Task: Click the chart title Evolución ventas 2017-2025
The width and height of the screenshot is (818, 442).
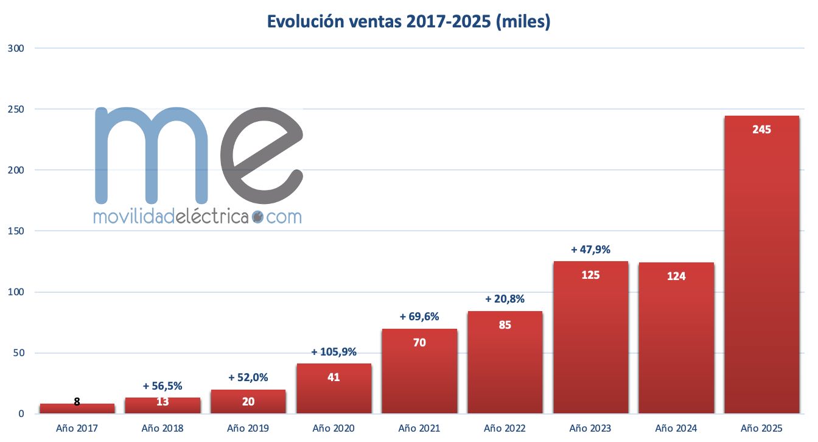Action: click(x=408, y=21)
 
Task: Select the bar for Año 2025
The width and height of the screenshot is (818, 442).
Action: click(x=761, y=268)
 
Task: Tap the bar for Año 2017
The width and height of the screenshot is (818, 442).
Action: click(x=77, y=409)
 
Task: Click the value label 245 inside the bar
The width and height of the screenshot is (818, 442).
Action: click(x=761, y=130)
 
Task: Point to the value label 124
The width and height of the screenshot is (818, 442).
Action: click(x=676, y=276)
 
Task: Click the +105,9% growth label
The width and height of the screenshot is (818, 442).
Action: click(x=334, y=352)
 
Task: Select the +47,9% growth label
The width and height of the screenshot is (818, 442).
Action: click(x=590, y=250)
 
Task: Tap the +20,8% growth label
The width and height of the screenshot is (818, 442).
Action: click(x=505, y=299)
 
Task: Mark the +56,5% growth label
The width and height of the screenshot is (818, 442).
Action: click(x=163, y=386)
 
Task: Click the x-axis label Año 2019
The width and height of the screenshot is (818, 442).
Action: click(x=248, y=428)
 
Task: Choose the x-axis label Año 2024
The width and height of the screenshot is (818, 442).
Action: click(x=676, y=428)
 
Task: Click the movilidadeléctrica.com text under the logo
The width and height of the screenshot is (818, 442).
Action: click(x=197, y=216)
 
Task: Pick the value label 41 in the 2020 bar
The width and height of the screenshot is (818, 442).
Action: click(x=334, y=377)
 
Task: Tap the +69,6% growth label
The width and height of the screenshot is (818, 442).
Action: click(x=419, y=317)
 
